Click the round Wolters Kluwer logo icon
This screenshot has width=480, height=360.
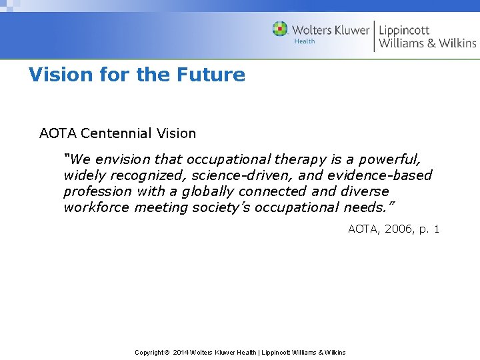point(280,29)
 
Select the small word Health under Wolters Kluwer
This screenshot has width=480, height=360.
point(305,41)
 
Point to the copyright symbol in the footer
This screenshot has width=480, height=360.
point(167,352)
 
